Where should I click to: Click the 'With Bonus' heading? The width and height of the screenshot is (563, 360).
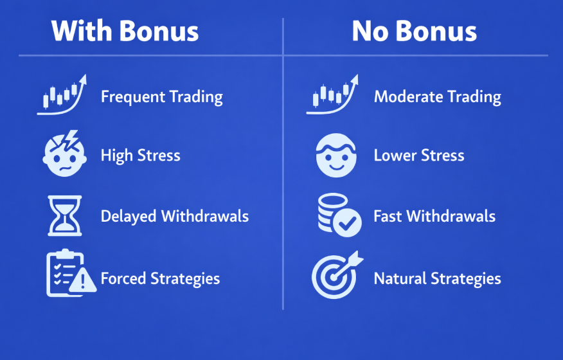click(125, 32)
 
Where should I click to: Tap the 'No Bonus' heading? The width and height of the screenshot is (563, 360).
click(415, 32)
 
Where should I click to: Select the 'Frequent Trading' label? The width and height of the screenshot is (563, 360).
click(162, 97)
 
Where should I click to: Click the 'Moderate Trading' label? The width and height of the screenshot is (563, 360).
click(437, 97)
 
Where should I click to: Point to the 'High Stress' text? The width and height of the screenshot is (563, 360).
click(140, 156)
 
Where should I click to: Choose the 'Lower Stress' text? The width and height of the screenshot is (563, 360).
click(419, 156)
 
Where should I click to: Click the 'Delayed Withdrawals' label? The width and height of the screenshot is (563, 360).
click(175, 216)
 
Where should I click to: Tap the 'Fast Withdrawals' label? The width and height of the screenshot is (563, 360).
click(434, 216)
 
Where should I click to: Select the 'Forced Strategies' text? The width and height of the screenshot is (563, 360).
click(160, 279)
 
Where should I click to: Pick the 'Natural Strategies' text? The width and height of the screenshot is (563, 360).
click(437, 279)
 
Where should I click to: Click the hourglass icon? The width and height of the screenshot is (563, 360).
click(65, 215)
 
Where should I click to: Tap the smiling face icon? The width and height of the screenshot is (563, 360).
click(336, 155)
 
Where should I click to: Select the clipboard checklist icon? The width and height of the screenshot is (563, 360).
click(66, 273)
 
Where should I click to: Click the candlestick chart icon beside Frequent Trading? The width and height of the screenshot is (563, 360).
click(62, 95)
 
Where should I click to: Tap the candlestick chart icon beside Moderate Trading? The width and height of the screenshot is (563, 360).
click(332, 95)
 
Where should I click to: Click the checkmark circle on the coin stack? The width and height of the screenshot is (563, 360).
click(347, 222)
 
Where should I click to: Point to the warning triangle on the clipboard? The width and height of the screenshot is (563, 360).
click(82, 280)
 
